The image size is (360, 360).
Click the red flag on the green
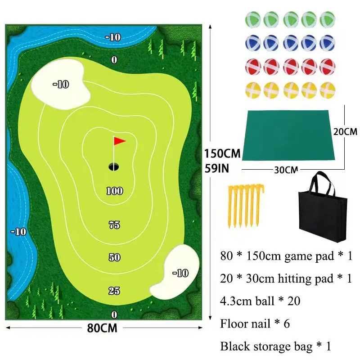[119, 141]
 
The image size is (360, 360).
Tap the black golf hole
[114, 166]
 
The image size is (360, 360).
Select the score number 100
[114, 191]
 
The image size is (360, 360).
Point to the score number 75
[114, 225]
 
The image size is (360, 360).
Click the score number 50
[114, 257]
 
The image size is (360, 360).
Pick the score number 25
[114, 291]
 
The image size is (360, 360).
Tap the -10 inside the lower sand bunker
[180, 273]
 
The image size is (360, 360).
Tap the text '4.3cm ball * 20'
[261, 301]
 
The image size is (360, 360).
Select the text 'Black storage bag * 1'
[275, 346]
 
